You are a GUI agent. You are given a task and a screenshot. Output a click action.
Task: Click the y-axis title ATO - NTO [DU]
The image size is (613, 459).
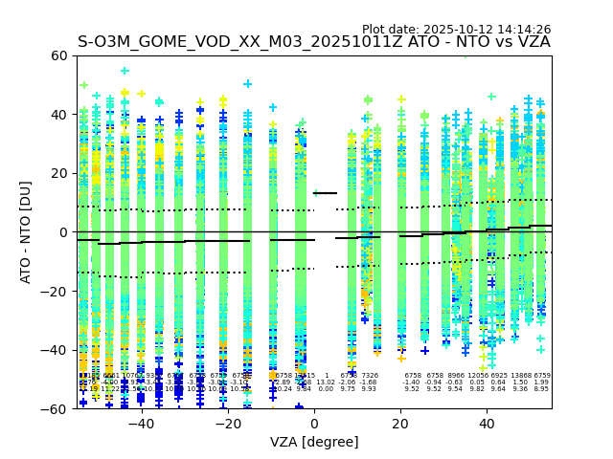(26, 232)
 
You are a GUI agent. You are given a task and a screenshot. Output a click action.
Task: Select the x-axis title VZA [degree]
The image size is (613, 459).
(314, 442)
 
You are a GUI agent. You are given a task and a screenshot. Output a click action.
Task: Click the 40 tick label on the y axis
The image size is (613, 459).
(58, 115)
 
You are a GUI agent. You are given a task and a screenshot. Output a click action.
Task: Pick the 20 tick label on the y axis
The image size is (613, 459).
(58, 173)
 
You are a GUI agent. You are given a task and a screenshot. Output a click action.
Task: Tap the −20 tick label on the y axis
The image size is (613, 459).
(55, 292)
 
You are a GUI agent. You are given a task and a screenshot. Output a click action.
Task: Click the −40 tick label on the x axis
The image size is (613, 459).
(141, 424)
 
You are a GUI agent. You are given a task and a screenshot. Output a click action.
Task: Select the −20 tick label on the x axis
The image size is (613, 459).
(228, 424)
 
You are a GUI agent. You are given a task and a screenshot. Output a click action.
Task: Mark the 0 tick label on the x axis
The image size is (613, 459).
(314, 424)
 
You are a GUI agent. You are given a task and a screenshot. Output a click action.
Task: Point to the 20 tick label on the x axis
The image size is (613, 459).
(401, 424)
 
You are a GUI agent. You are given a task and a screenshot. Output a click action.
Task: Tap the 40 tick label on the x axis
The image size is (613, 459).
(488, 424)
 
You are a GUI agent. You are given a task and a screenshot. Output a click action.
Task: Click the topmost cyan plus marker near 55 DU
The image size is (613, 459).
(125, 70)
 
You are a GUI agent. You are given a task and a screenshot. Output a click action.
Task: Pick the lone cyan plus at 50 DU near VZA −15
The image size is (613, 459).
(248, 84)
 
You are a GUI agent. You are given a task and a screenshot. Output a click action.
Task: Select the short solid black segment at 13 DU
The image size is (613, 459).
(326, 193)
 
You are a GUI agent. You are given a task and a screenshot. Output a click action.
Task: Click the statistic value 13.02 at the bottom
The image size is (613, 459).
(326, 382)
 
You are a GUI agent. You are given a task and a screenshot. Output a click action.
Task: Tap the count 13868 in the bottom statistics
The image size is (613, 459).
(521, 376)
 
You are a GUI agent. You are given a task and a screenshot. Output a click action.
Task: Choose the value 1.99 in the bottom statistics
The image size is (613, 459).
(542, 382)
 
